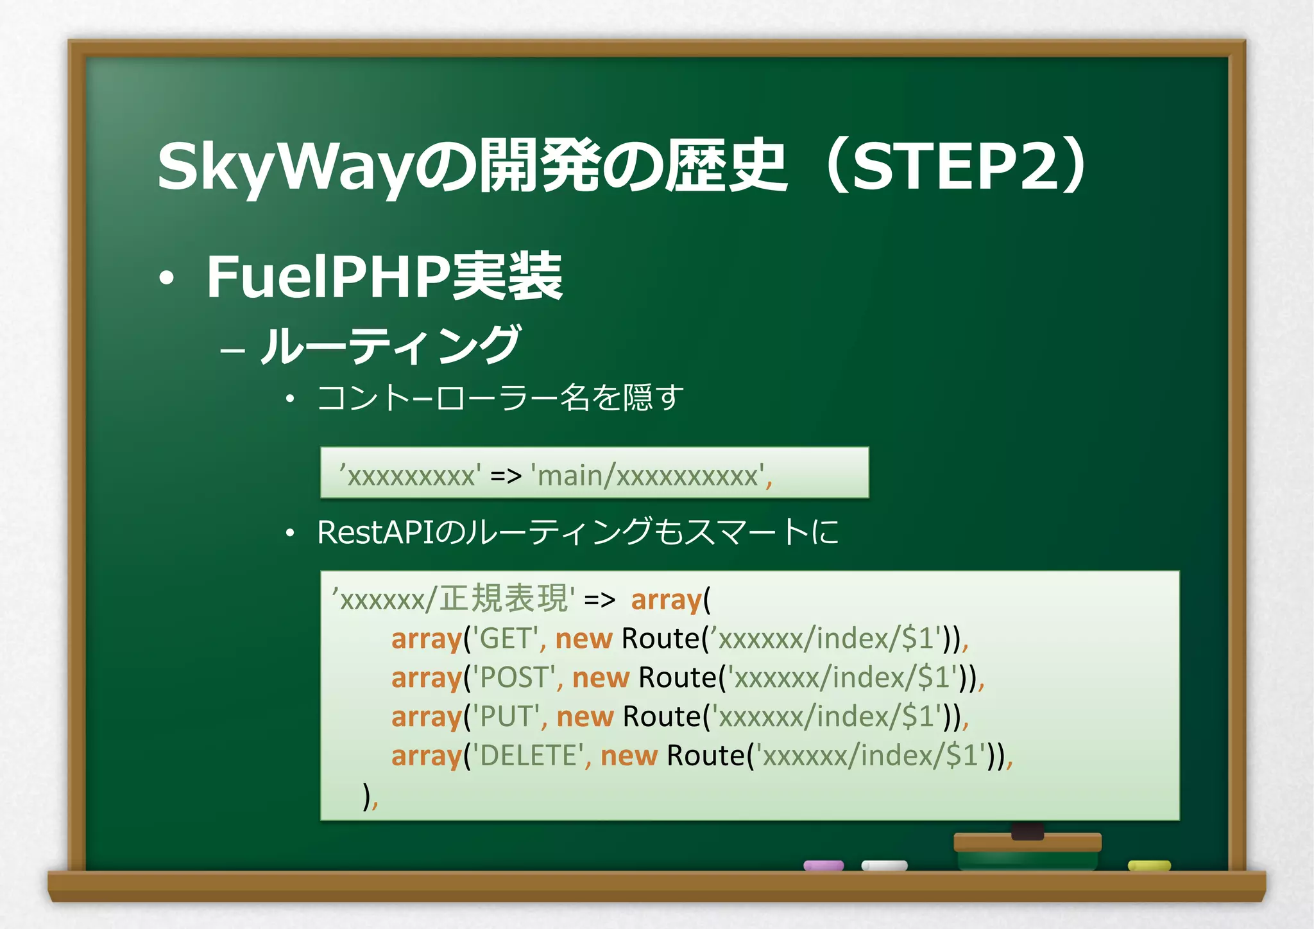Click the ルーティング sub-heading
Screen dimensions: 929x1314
[x=390, y=345]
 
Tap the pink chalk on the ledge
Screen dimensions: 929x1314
[x=823, y=865]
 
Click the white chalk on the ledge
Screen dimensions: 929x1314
[x=884, y=865]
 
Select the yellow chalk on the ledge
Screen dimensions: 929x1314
[x=1149, y=865]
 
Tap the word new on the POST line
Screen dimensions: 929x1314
[x=601, y=678]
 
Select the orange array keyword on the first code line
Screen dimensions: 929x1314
[x=666, y=600]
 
